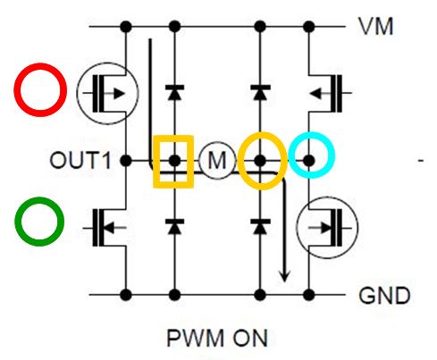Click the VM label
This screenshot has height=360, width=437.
point(375,27)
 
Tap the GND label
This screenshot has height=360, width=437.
point(384,296)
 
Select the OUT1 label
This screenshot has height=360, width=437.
point(80,161)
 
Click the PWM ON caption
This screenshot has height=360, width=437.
point(217,338)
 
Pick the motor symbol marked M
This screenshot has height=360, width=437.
point(217,160)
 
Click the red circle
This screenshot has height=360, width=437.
point(40,64)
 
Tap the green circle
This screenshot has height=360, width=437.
point(39,198)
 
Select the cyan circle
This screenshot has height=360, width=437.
point(312,133)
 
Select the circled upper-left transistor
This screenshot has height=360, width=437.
point(107,93)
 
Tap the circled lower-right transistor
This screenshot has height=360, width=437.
point(327,228)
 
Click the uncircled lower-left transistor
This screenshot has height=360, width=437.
point(109,228)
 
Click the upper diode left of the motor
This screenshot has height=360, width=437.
point(174,92)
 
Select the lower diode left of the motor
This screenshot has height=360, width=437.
point(174,226)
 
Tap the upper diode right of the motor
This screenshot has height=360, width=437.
point(260,92)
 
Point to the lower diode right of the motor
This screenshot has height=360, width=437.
point(260,226)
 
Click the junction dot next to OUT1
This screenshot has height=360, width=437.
point(126,161)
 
